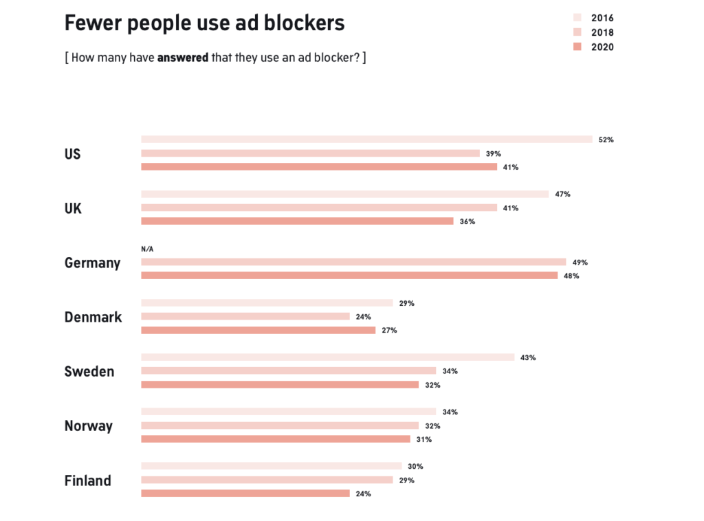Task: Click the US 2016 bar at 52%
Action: pyautogui.click(x=366, y=140)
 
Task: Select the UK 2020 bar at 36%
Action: pyautogui.click(x=297, y=221)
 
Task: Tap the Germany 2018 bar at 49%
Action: pyautogui.click(x=353, y=262)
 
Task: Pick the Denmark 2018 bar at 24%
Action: pyautogui.click(x=245, y=316)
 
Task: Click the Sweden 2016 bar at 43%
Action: pyautogui.click(x=327, y=357)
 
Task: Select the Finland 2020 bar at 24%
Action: pyautogui.click(x=245, y=494)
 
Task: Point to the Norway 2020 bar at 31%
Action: pyautogui.click(x=276, y=439)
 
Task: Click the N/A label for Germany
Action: pyautogui.click(x=147, y=250)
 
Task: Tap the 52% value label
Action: pyautogui.click(x=606, y=140)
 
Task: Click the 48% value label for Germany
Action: pyautogui.click(x=571, y=276)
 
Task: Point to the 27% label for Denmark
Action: pyautogui.click(x=389, y=330)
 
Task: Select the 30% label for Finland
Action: pyautogui.click(x=415, y=466)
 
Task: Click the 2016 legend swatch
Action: pyautogui.click(x=577, y=18)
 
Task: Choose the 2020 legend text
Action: pyautogui.click(x=602, y=47)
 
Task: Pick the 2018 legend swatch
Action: pyautogui.click(x=577, y=32)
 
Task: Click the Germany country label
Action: pyautogui.click(x=92, y=263)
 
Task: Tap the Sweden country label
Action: pyautogui.click(x=89, y=371)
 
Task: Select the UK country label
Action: pyautogui.click(x=73, y=208)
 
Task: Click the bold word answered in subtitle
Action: pyautogui.click(x=182, y=58)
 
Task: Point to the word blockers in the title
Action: pyautogui.click(x=307, y=23)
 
